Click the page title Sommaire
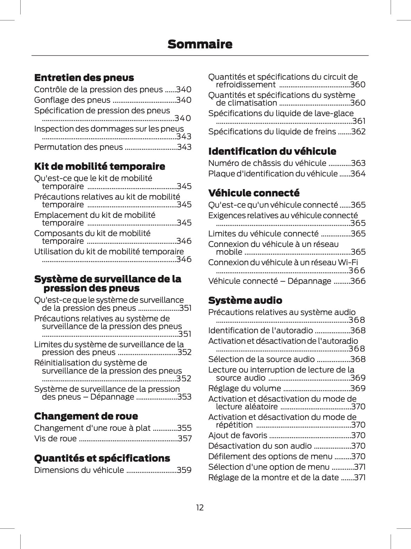click(200, 45)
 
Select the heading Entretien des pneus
click(84, 78)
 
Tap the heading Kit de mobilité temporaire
click(99, 166)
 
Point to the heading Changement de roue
click(86, 416)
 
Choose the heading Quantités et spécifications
click(102, 458)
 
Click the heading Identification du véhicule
click(272, 151)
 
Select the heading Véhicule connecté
click(254, 193)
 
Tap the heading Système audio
click(245, 300)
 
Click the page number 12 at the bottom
click(200, 507)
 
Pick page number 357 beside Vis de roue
click(185, 438)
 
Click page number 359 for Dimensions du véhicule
click(184, 470)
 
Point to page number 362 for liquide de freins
click(358, 132)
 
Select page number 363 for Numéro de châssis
click(358, 163)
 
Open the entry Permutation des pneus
click(78, 147)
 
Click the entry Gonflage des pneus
click(72, 100)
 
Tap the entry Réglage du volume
click(244, 388)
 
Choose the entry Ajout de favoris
click(238, 435)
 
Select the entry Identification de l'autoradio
click(260, 330)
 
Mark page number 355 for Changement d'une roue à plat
click(184, 428)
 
